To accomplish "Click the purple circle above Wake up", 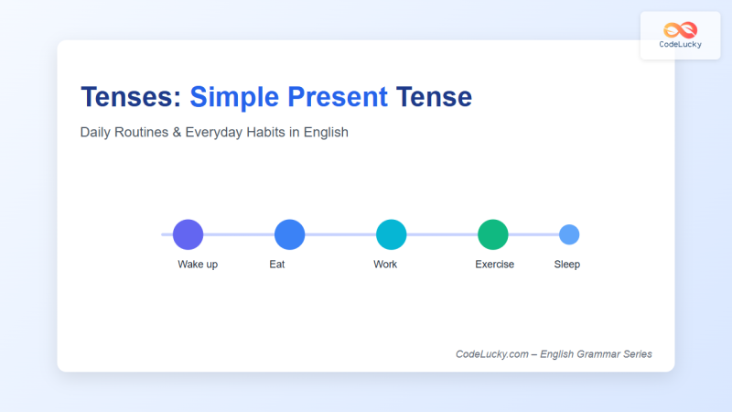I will [x=188, y=234].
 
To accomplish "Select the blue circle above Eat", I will [x=289, y=234].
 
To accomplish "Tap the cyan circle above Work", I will [x=391, y=234].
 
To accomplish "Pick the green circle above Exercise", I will [x=492, y=234].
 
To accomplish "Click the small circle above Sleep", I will [x=569, y=234].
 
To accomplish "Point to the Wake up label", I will [x=198, y=265].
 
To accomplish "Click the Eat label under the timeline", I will [x=277, y=265].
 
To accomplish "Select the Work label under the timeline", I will [x=385, y=265].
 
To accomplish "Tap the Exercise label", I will [x=494, y=265].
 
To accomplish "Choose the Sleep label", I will [x=567, y=265].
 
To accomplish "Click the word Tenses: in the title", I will [x=131, y=96].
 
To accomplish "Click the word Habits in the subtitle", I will [x=265, y=132].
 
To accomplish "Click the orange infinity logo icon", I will [x=680, y=29].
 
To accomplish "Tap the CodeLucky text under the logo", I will [x=680, y=45].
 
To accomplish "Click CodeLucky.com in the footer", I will [x=491, y=354].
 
